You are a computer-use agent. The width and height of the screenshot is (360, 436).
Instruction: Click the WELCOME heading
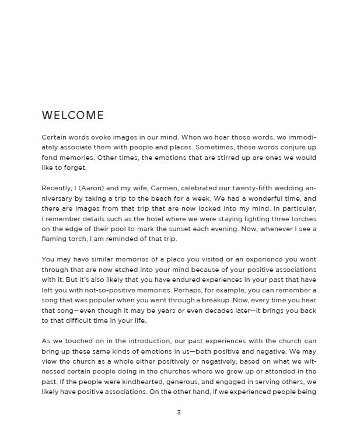pos(73,116)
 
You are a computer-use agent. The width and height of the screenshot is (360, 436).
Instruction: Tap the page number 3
pos(179,413)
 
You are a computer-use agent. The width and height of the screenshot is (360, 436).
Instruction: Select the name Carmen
pos(165,188)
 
